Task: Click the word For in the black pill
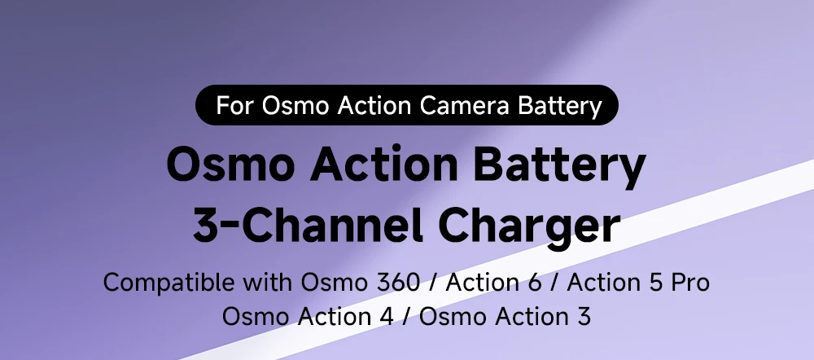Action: [x=234, y=105]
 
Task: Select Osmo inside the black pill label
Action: [x=295, y=105]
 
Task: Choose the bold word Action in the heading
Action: [x=383, y=164]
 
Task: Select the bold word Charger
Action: [x=530, y=226]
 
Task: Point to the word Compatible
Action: [x=168, y=283]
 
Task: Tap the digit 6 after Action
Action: [x=534, y=283]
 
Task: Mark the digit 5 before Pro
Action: [x=654, y=283]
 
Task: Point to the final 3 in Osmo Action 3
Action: [x=584, y=316]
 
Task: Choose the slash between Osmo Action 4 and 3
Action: [x=406, y=317]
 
